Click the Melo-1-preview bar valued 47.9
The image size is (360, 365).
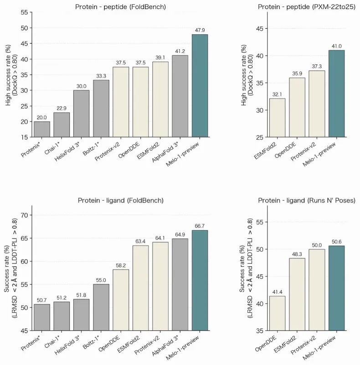pyautogui.click(x=200, y=86)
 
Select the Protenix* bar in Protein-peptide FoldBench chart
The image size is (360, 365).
pyautogui.click(x=42, y=129)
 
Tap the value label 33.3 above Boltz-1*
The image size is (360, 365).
pyautogui.click(x=101, y=76)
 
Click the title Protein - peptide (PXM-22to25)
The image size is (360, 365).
pyautogui.click(x=307, y=7)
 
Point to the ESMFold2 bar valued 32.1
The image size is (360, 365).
pyautogui.click(x=277, y=118)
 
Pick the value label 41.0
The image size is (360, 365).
pyautogui.click(x=336, y=46)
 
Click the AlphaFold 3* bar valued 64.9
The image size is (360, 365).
pyautogui.click(x=180, y=284)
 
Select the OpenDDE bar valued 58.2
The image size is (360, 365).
pyautogui.click(x=121, y=300)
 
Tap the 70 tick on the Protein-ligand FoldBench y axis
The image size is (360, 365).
pyautogui.click(x=25, y=215)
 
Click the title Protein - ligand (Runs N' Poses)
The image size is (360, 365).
pyautogui.click(x=307, y=200)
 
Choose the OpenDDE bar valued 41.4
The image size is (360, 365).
pyautogui.click(x=277, y=313)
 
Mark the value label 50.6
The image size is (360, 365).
pyautogui.click(x=336, y=242)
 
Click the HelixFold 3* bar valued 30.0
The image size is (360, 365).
pyautogui.click(x=82, y=114)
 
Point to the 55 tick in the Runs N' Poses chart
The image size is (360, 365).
pyautogui.click(x=260, y=222)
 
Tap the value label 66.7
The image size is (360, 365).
pyautogui.click(x=200, y=226)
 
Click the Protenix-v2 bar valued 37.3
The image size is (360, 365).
pyautogui.click(x=317, y=104)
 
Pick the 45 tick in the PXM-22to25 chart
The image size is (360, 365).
pyautogui.click(x=260, y=29)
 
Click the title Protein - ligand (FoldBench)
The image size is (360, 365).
pyautogui.click(x=120, y=200)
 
